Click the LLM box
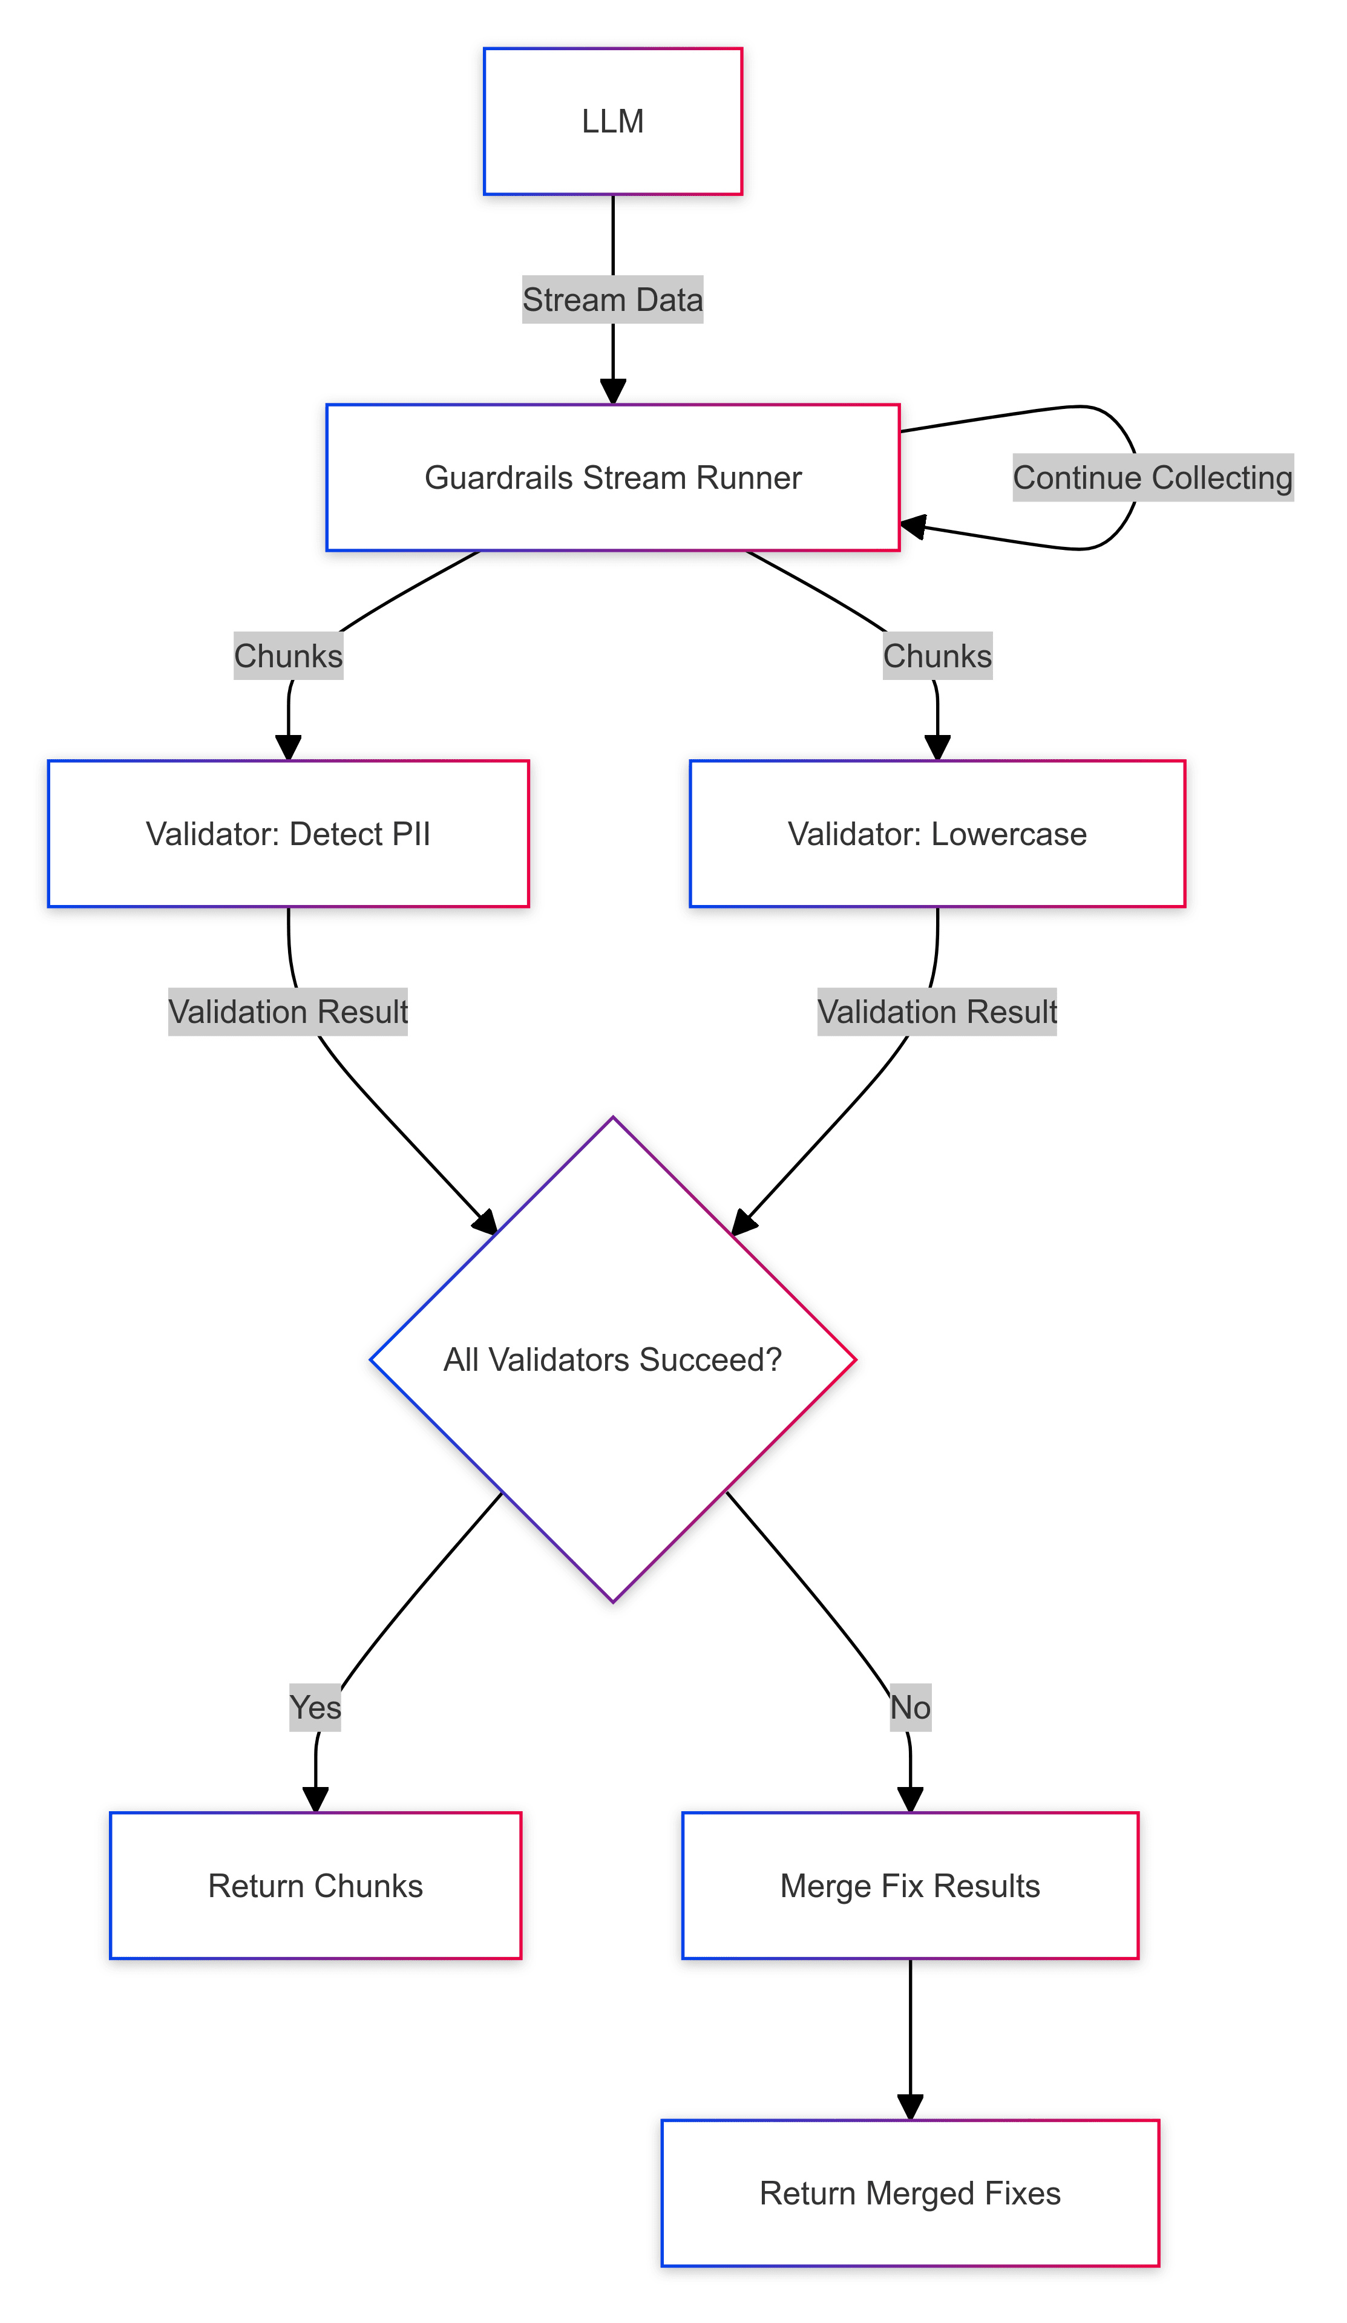pyautogui.click(x=612, y=121)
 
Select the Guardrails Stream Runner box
pyautogui.click(x=612, y=477)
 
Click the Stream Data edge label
pyautogui.click(x=612, y=299)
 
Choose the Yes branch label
pyautogui.click(x=315, y=1707)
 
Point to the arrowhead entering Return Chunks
pyautogui.click(x=315, y=1799)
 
